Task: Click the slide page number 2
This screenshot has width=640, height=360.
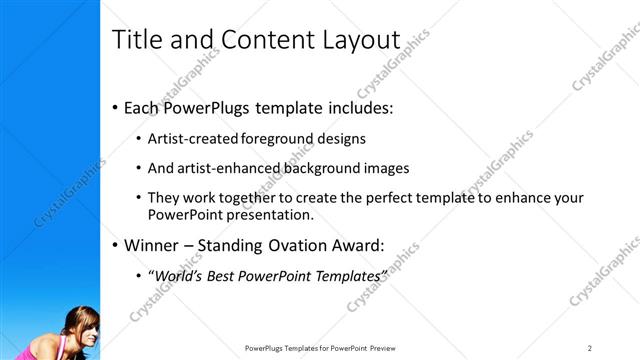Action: [590, 347]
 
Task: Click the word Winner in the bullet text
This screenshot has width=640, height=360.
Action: [152, 244]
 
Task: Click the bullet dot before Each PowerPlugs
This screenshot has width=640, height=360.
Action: [116, 106]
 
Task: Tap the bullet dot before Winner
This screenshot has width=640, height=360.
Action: [116, 244]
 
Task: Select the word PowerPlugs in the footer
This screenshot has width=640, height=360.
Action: [268, 347]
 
